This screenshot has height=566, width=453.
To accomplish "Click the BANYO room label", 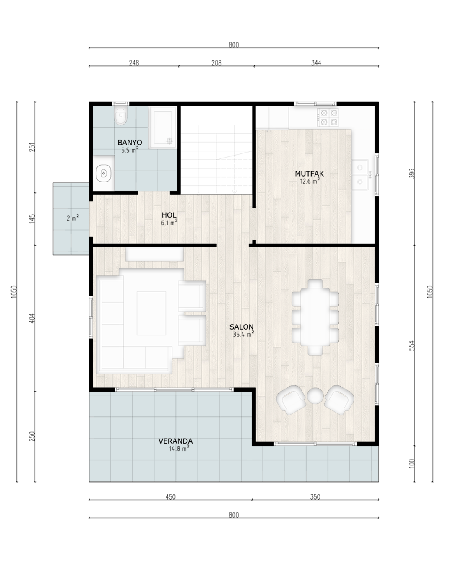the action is (130, 143).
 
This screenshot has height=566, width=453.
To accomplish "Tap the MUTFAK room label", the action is (309, 174).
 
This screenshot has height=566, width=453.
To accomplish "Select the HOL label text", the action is (169, 215).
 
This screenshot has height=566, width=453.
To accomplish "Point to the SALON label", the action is (241, 327).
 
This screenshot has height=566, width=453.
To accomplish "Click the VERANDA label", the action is (176, 441).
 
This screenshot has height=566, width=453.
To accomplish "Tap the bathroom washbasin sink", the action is (104, 173).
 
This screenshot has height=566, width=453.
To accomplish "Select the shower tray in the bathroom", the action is (162, 127).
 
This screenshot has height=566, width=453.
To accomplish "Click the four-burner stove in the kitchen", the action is (328, 117).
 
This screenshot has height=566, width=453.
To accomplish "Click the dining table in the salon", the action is (315, 317).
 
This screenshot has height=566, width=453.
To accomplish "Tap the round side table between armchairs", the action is (315, 395).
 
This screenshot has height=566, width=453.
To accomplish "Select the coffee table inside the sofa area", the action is (151, 313).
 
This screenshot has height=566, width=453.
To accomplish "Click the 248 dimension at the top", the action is (134, 63).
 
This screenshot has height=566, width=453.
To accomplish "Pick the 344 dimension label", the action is (316, 63).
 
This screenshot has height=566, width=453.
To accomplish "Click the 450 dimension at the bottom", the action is (171, 497).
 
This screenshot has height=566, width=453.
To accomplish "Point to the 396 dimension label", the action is (411, 174).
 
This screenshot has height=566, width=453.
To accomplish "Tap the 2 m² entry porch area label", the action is (73, 218).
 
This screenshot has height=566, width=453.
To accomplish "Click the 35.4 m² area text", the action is (243, 335).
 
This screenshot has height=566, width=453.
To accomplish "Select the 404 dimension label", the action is (31, 318).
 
